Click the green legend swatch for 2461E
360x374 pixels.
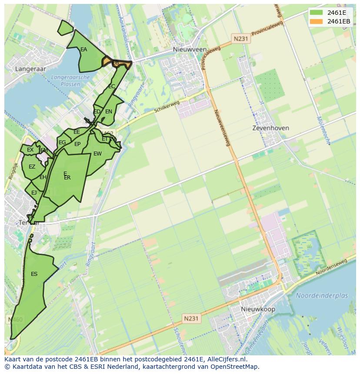[317, 13]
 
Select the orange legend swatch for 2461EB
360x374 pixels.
[317, 21]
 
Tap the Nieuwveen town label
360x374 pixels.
[190, 50]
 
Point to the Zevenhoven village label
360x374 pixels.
[271, 128]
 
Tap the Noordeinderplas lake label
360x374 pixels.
[322, 295]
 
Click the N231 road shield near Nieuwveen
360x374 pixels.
[240, 39]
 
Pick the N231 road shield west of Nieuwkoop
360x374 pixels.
[191, 318]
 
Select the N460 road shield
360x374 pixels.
[14, 320]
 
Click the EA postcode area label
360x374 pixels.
[83, 50]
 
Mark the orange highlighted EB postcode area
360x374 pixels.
[116, 63]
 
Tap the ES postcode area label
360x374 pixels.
[34, 274]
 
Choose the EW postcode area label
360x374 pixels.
[97, 154]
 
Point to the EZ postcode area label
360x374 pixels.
[32, 167]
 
